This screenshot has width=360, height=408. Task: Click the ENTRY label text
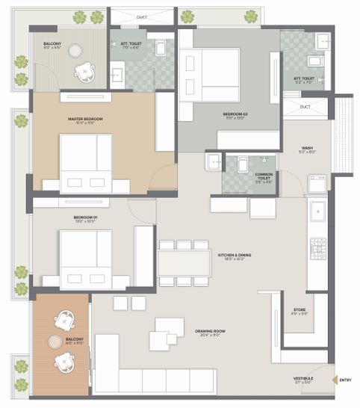[x=345, y=381]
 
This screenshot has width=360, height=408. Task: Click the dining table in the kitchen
[x=184, y=262]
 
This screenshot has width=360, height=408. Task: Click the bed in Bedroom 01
[x=85, y=258]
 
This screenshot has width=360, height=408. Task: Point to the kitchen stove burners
[x=317, y=249]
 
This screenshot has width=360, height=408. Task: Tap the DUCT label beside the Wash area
[x=305, y=107]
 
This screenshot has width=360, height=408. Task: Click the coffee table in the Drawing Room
[x=166, y=334]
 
